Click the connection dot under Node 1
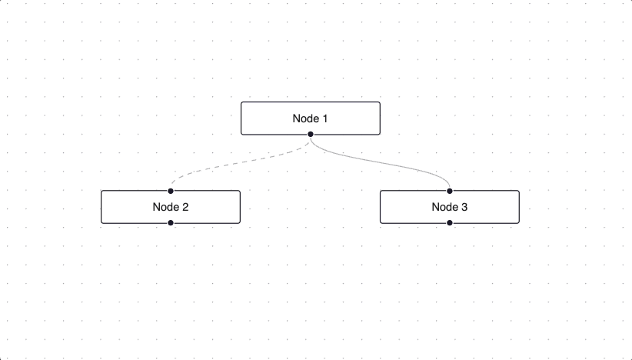310,135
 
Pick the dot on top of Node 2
171,191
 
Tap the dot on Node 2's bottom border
171,223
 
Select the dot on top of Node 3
450,191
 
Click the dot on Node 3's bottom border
450,223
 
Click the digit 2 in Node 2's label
185,207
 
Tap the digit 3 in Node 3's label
464,207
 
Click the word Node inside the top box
304,118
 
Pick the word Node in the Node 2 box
165,207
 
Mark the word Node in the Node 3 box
444,207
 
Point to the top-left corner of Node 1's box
241,102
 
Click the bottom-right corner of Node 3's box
519,223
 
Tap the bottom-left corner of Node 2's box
101,223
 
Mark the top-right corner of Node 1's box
379,102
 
